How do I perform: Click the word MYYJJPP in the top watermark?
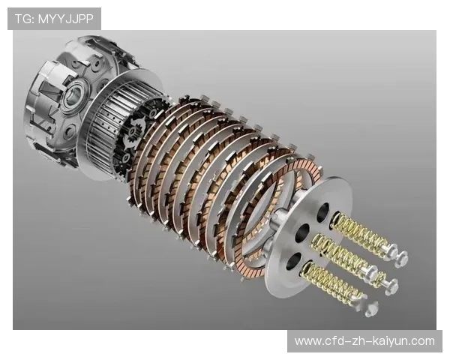66,19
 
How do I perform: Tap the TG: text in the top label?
25,19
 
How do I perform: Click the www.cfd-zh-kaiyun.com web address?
364,341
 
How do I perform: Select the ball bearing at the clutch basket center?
73,95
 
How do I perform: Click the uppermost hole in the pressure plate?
323,213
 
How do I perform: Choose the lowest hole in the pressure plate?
293,261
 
